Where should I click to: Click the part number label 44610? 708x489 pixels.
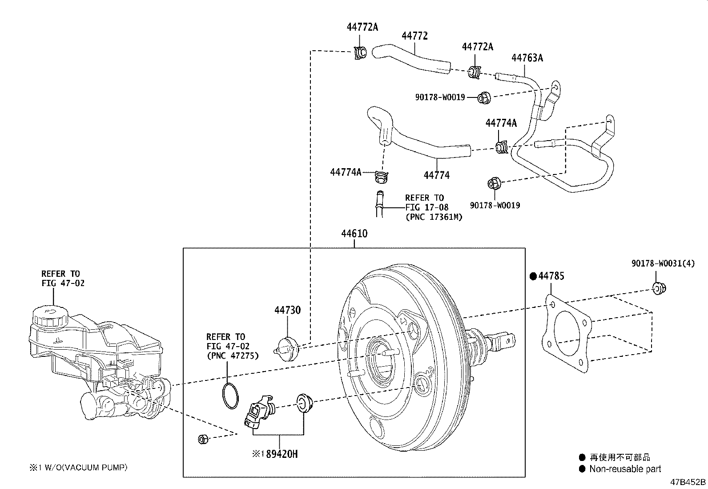354,234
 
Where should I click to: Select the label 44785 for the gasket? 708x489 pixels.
551,276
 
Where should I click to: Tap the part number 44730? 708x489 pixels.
287,310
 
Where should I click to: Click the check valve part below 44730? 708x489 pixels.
287,346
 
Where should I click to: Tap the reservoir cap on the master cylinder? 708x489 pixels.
50,316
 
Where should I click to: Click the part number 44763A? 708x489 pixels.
527,58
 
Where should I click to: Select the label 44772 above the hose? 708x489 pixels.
414,36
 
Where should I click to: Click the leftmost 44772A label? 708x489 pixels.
362,27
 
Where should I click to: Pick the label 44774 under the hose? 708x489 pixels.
436,175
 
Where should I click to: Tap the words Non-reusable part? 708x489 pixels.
625,469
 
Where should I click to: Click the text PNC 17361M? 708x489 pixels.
434,217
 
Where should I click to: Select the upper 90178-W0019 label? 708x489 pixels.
440,97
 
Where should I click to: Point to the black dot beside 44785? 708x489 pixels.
533,276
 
